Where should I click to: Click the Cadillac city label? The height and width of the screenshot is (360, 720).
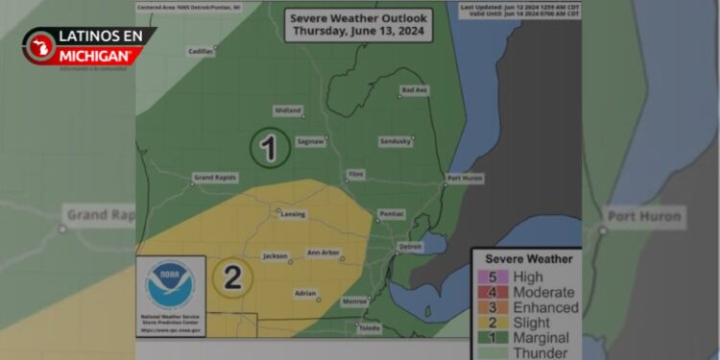point(201,51)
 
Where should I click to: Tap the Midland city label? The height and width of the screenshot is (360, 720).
point(287,110)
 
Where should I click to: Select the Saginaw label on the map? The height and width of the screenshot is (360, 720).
point(309,141)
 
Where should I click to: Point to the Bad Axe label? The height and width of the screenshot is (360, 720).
point(415,90)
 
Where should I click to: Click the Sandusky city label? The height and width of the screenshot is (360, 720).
point(396,141)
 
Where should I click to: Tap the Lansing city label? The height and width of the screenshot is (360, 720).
point(293,214)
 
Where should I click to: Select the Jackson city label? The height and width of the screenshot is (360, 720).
point(276,256)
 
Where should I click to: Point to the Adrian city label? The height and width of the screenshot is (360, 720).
point(305,293)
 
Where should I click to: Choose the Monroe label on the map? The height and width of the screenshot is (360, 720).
point(354,301)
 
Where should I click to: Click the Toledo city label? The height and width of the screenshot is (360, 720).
point(370,327)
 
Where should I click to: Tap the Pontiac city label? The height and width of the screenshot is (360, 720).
point(392,213)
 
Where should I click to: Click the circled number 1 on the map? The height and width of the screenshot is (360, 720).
point(269,149)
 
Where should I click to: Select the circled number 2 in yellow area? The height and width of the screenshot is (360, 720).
point(231,277)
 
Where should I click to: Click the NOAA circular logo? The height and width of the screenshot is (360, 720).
point(170,284)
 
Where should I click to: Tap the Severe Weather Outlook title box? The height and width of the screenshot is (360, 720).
point(359,24)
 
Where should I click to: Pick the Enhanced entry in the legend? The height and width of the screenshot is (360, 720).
point(545,307)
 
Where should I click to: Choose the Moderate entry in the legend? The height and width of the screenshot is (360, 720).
point(543,292)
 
